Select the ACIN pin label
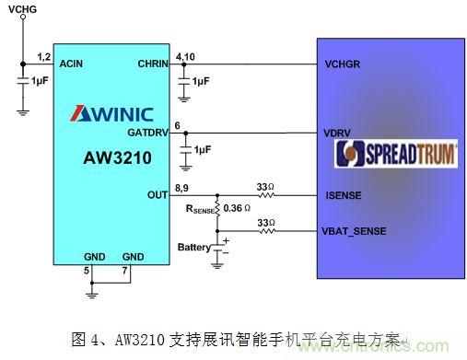coord(72,64)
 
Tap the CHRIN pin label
coord(154,64)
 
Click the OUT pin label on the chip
coord(158,195)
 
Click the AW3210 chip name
coord(113,157)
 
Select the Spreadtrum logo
coord(396,154)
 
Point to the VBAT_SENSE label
coord(356,230)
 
